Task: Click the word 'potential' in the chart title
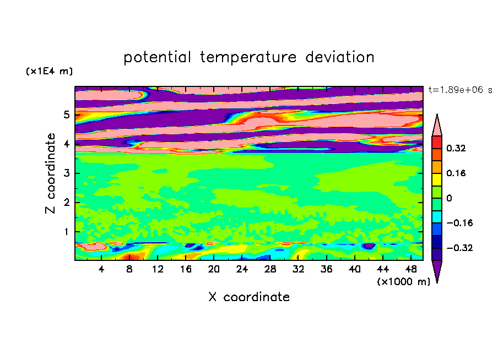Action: [158, 58]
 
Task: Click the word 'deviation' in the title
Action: [340, 57]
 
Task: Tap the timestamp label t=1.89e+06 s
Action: [460, 90]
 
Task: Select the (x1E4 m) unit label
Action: [49, 71]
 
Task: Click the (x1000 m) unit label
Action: [403, 282]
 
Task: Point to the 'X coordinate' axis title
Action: [249, 297]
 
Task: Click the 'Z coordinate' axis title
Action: [50, 173]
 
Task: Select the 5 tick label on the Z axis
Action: [66, 114]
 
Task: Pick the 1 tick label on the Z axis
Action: [66, 232]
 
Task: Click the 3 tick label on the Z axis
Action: [66, 173]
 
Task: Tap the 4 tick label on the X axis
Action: [101, 269]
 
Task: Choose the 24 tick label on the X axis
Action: [242, 269]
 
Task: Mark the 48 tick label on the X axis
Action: [411, 269]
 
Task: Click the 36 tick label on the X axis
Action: [327, 269]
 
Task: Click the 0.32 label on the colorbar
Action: [456, 148]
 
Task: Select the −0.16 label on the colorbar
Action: [459, 223]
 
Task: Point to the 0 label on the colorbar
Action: [449, 198]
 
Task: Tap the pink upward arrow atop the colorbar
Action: [437, 125]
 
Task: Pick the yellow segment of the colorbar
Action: [437, 179]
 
